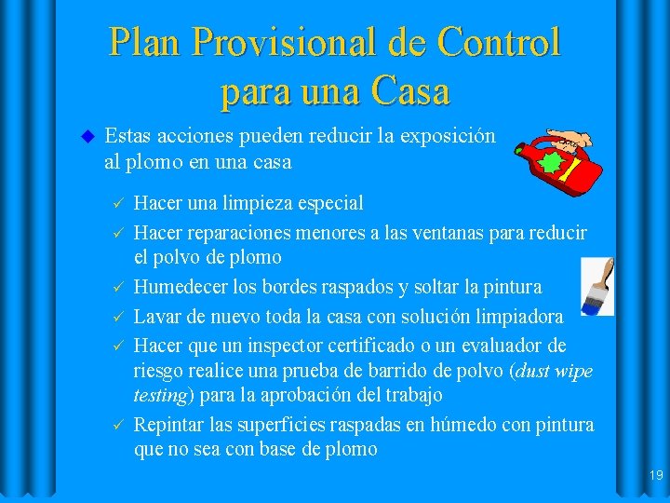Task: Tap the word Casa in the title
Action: point(409,92)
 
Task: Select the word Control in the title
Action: point(499,43)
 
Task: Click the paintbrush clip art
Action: point(596,286)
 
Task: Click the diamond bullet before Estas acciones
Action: point(87,136)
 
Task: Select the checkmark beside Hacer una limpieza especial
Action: point(116,203)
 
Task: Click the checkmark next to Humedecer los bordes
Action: point(116,286)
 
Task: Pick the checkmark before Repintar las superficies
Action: point(116,425)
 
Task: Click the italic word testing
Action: point(162,394)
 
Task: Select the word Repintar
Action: point(169,425)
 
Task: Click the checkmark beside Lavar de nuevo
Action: point(116,316)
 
